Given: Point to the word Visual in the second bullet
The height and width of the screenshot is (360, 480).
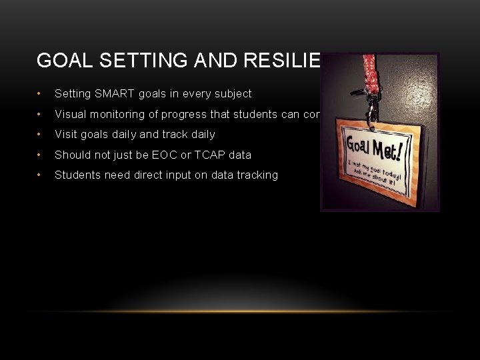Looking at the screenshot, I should [x=70, y=114].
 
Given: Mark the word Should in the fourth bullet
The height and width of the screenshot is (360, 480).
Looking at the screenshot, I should [x=72, y=155].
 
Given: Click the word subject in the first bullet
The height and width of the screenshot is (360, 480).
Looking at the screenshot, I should [x=234, y=94].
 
